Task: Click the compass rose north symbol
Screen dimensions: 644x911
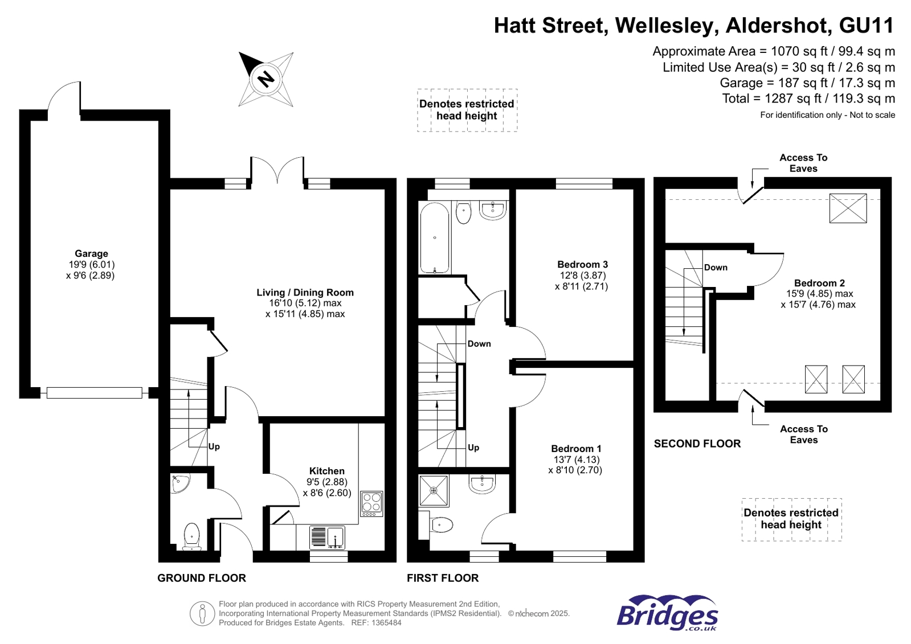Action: click(x=266, y=79)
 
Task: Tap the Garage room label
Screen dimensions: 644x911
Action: click(x=91, y=254)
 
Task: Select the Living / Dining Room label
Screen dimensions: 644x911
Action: click(x=305, y=293)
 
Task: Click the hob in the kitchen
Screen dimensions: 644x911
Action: click(x=371, y=503)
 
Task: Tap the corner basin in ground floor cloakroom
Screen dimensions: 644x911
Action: click(x=180, y=483)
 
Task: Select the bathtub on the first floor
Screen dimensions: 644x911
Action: click(x=435, y=238)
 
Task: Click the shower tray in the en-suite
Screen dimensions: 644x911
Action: click(x=434, y=490)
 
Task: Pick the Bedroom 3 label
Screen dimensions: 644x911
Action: click(x=582, y=265)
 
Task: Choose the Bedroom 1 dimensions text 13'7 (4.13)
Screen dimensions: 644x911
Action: click(x=576, y=460)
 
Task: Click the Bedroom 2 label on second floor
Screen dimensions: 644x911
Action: click(x=819, y=284)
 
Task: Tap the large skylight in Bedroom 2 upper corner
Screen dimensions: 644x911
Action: click(x=848, y=208)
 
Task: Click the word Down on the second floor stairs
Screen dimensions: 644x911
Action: click(x=716, y=268)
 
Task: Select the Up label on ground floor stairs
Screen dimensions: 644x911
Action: click(x=214, y=446)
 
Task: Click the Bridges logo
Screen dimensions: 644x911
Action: click(x=667, y=613)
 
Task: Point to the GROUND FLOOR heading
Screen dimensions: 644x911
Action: click(x=202, y=578)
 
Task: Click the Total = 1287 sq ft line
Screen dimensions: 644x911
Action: click(x=808, y=99)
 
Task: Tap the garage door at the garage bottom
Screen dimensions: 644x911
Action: click(x=94, y=392)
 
